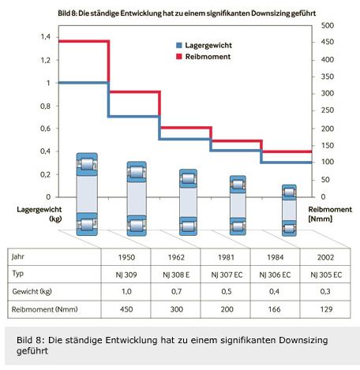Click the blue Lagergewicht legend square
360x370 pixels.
(179, 45)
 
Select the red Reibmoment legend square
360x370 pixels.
(179, 56)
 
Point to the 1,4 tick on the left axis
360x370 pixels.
(46, 37)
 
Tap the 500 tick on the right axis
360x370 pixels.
(328, 25)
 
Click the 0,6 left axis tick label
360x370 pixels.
(46, 129)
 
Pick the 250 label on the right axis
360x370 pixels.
(328, 110)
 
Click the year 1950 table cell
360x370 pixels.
(126, 257)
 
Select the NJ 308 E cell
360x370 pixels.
(176, 275)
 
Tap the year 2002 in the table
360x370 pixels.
(325, 257)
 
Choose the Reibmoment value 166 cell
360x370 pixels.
(274, 309)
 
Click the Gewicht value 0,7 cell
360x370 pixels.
(176, 292)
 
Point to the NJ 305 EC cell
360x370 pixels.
(326, 275)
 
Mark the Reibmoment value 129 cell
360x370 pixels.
(326, 309)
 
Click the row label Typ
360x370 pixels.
(17, 274)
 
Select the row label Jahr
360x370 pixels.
(18, 256)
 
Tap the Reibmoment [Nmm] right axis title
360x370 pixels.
(330, 214)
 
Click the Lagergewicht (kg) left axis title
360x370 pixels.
(39, 214)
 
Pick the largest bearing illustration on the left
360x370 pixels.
(87, 194)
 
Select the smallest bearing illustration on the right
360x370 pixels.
(289, 210)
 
